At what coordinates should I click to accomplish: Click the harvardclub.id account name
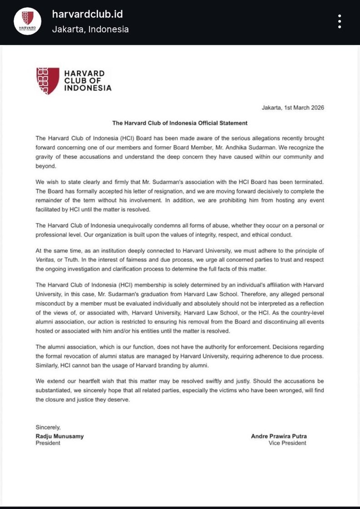[87, 14]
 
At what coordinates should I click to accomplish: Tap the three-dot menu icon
[339, 21]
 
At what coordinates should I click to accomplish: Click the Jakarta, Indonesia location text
[90, 30]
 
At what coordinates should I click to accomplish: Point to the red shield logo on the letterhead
[48, 81]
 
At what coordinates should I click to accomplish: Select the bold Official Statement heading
[180, 123]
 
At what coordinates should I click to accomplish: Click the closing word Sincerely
[48, 427]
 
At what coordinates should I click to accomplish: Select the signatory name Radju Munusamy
[60, 436]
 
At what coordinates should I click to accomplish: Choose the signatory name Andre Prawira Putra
[279, 436]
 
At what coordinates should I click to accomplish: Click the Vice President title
[287, 443]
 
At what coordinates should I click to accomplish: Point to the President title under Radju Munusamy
[48, 443]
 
